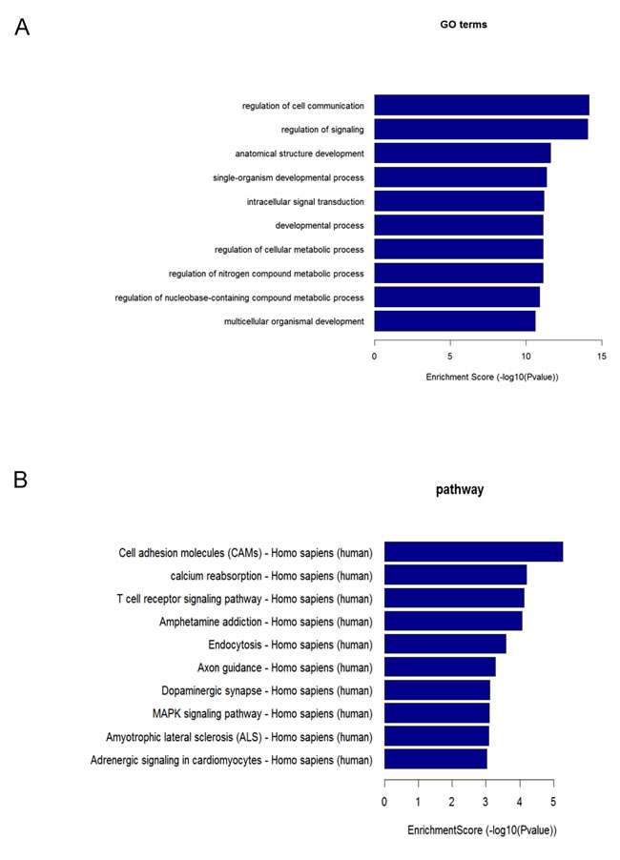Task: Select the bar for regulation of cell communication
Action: (481, 105)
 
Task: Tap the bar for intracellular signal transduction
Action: (459, 201)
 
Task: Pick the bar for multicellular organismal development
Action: (454, 320)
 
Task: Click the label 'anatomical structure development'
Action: (300, 154)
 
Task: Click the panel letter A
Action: (22, 28)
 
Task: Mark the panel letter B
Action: (20, 480)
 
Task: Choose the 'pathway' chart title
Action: (460, 490)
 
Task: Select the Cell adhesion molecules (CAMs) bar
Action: (473, 552)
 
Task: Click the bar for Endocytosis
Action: (444, 645)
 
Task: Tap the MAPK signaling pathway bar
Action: (436, 713)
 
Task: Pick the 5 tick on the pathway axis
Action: (552, 804)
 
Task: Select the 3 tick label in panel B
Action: (485, 804)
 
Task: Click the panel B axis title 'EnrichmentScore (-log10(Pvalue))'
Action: (482, 831)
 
